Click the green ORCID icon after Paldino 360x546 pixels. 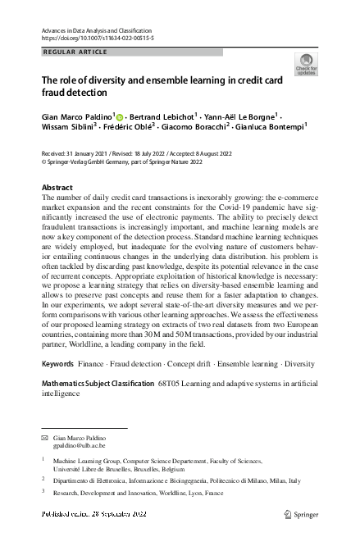[120, 117]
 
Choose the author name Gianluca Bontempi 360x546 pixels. [267, 128]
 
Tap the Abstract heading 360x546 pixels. [57, 187]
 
